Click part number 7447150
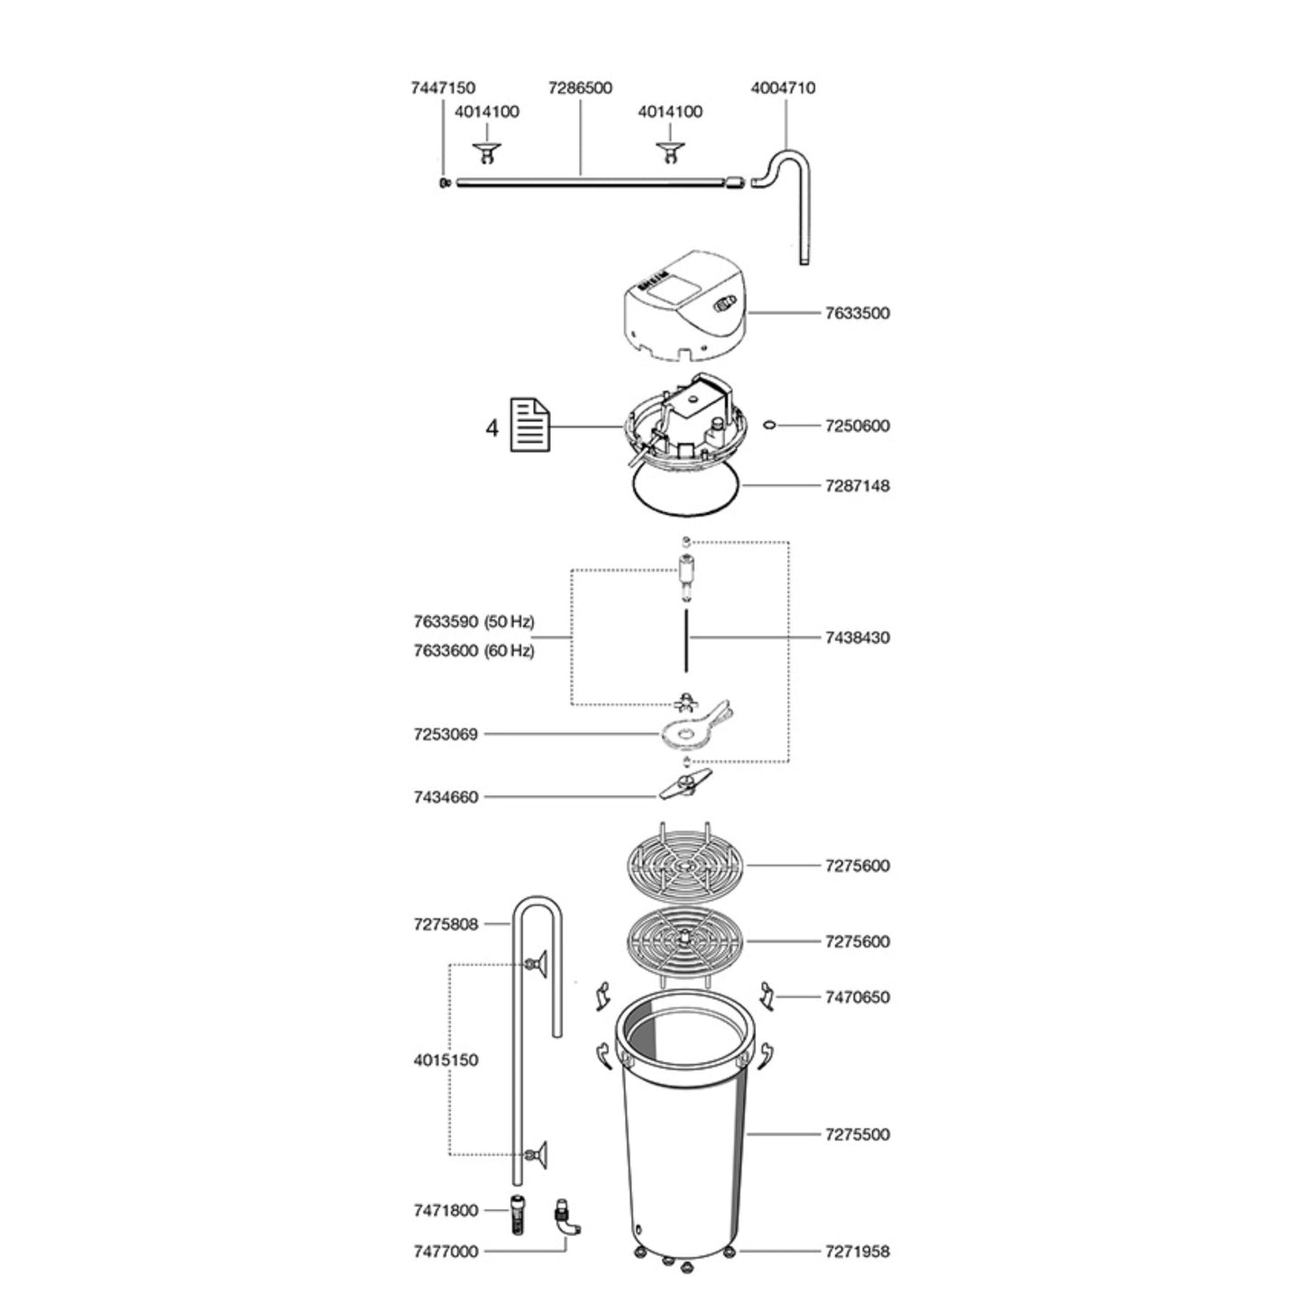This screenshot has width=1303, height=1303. coord(443,87)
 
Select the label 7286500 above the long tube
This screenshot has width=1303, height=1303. coord(580,87)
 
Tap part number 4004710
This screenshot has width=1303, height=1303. coord(783,87)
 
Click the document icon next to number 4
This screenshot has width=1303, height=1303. coord(530,425)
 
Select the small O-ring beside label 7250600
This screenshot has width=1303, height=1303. coord(769,425)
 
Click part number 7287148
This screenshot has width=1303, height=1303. coord(857,486)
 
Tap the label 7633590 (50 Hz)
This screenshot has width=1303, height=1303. coord(473,621)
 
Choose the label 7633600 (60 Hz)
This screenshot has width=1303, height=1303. coord(473,650)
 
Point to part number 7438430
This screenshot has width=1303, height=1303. coord(857,638)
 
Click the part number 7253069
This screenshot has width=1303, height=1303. coord(445,734)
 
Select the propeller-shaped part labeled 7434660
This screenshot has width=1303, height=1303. coord(684,788)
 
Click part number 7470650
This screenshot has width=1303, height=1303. coord(857,997)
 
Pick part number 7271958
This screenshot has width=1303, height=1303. coord(857,1252)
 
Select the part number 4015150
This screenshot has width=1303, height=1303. coord(445,1060)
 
